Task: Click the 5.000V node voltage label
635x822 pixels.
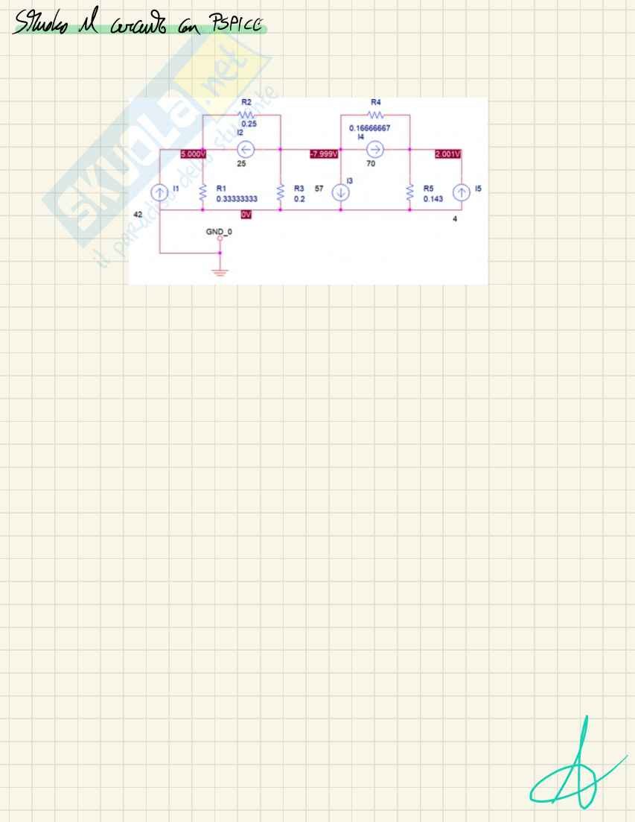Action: [194, 154]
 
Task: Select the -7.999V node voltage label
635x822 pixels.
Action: [324, 154]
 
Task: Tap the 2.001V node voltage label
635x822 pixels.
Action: [448, 154]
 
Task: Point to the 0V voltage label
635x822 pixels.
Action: [246, 214]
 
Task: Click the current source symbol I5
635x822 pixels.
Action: [462, 192]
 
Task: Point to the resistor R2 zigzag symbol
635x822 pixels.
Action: [246, 115]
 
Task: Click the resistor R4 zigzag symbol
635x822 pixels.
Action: [376, 115]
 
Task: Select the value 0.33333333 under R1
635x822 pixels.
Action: [237, 200]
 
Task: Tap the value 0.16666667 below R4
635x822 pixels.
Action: [370, 128]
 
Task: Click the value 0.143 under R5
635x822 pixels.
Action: [433, 200]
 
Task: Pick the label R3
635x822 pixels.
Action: [299, 189]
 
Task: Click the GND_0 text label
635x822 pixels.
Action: [220, 232]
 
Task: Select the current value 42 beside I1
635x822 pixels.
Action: [138, 214]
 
